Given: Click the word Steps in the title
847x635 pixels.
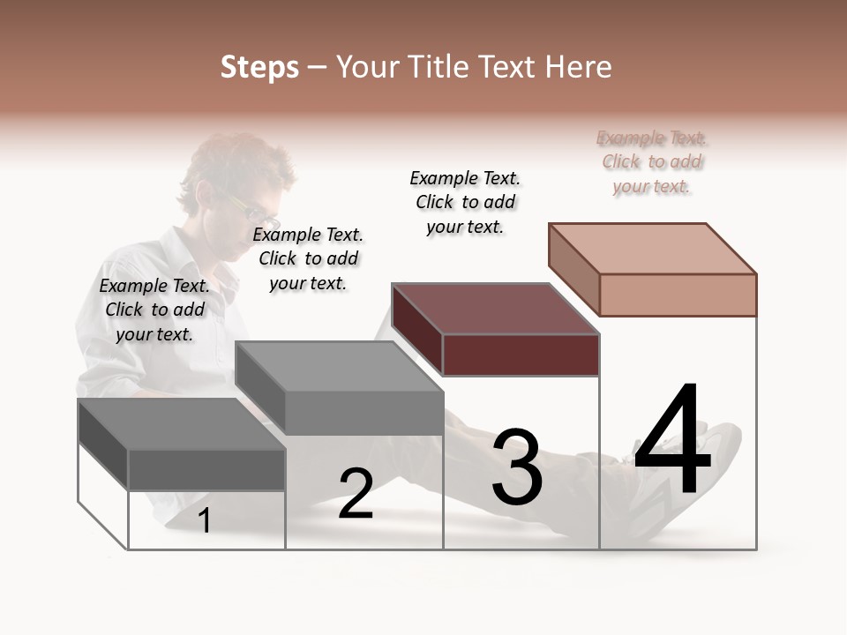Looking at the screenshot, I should click(x=259, y=68).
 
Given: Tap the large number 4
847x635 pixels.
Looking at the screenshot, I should click(x=672, y=441).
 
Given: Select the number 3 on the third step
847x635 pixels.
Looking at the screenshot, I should click(x=516, y=467).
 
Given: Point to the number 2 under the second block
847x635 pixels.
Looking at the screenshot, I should click(x=356, y=494).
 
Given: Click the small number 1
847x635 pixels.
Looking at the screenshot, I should click(x=205, y=520).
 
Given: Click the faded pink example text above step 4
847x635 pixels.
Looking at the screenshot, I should click(x=652, y=162).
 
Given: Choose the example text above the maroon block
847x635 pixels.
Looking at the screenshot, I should click(x=465, y=202).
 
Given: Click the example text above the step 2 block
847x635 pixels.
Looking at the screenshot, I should click(x=308, y=258).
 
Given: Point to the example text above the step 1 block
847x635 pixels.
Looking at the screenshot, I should click(x=154, y=310).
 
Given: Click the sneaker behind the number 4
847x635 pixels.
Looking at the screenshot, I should click(x=715, y=459).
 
